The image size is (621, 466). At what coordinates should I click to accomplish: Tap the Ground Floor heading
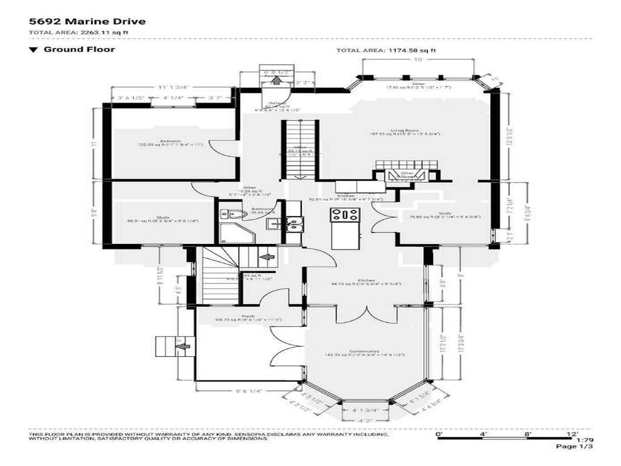click(x=79, y=49)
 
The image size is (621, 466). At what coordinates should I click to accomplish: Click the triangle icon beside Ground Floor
click(x=33, y=50)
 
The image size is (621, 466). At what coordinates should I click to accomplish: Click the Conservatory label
click(x=369, y=351)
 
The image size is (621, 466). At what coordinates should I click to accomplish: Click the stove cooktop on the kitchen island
click(x=344, y=214)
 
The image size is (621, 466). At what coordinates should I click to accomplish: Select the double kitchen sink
click(x=295, y=225)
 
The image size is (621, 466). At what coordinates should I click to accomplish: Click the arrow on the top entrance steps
click(x=277, y=79)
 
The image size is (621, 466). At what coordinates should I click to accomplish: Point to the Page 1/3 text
click(x=574, y=447)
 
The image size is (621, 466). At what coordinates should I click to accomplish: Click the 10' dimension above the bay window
click(x=418, y=60)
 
